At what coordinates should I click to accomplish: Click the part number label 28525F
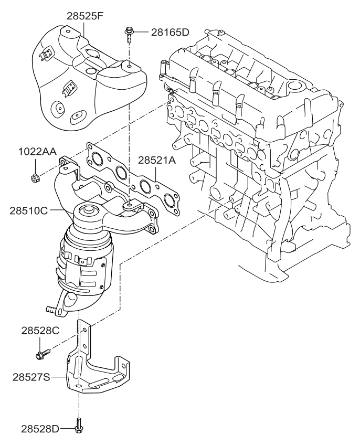(85, 16)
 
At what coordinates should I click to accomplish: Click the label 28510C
(29, 211)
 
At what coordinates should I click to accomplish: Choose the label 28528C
(40, 331)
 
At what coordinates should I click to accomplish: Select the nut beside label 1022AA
(35, 178)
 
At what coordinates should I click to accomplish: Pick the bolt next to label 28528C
(42, 354)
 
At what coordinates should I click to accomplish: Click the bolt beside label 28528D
(79, 425)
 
